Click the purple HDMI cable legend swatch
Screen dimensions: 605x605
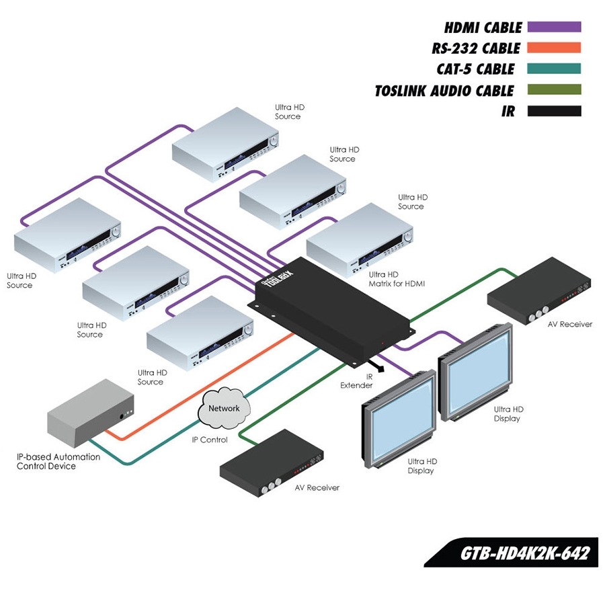tap(554, 28)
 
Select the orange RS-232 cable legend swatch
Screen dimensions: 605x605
tap(554, 48)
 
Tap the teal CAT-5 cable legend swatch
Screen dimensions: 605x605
tap(554, 69)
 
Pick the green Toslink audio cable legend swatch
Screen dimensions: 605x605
tap(554, 90)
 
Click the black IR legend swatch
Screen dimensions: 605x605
tap(554, 111)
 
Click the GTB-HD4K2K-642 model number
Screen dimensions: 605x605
tap(524, 553)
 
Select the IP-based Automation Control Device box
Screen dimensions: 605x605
tap(89, 413)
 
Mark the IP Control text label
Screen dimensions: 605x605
tap(210, 440)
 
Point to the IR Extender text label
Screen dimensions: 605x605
tap(356, 381)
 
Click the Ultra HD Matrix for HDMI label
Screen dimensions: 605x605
tap(397, 279)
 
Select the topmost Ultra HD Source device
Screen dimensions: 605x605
tap(225, 145)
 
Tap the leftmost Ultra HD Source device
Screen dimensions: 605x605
tap(67, 235)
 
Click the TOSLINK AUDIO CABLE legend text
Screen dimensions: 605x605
tap(444, 91)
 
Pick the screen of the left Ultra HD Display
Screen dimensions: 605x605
tap(400, 418)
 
